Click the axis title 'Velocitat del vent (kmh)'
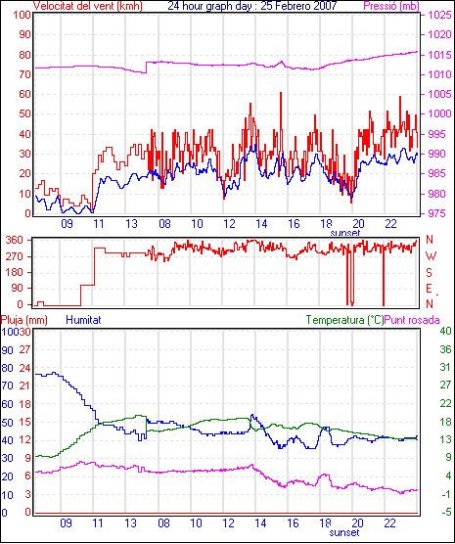[88, 6]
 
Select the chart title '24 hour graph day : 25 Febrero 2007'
[252, 6]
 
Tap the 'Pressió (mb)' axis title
[391, 6]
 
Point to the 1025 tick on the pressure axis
[439, 15]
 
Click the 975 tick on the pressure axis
[439, 213]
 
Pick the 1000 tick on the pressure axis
[439, 113]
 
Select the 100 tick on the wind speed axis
[22, 15]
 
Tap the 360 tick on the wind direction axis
[15, 240]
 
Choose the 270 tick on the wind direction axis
[15, 256]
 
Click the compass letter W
[431, 256]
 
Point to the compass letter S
[429, 273]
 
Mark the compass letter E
[429, 289]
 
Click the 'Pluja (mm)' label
[24, 320]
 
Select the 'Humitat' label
[83, 320]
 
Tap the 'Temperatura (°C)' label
[345, 320]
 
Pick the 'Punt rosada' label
[412, 320]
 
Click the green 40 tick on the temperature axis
[445, 331]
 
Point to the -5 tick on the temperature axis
[445, 512]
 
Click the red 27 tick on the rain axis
[24, 349]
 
